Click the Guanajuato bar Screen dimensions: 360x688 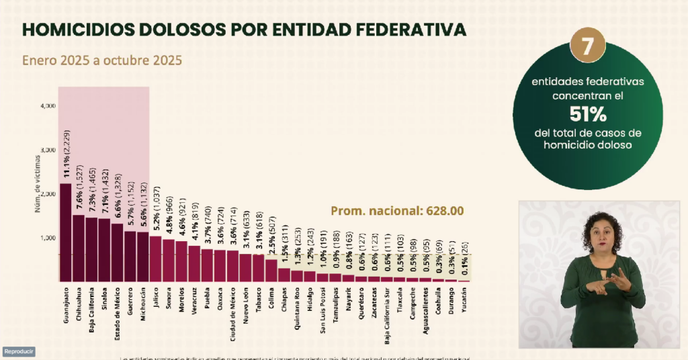click(66, 232)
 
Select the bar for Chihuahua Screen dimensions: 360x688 click(79, 248)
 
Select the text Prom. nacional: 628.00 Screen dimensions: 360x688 click(396, 211)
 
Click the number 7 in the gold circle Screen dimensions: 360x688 click(587, 46)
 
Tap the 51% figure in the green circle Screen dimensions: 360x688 click(587, 113)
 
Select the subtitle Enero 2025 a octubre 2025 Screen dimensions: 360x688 click(102, 60)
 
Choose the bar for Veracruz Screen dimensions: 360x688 click(193, 263)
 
